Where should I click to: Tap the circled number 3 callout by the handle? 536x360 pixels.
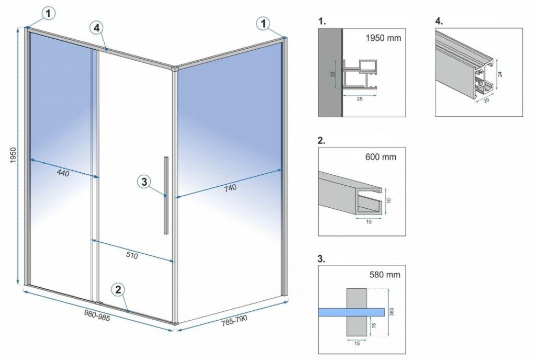[145, 182]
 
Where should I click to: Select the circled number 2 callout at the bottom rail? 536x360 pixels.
[118, 289]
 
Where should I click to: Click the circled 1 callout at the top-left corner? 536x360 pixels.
[48, 14]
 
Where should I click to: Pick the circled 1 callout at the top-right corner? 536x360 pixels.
[264, 22]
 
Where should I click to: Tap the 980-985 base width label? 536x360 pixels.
[97, 315]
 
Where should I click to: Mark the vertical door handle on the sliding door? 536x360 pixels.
[165, 195]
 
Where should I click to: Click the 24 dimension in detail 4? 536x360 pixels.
[500, 74]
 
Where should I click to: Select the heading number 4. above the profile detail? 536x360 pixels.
[439, 22]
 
